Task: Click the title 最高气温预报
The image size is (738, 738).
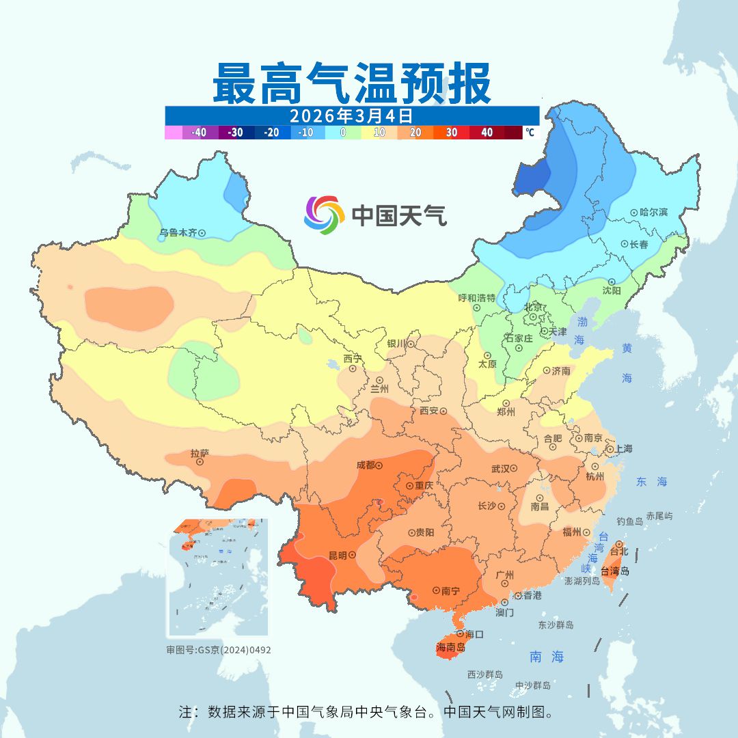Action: tap(351, 83)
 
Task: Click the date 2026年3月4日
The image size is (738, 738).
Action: tap(351, 115)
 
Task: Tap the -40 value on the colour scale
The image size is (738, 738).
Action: tap(199, 133)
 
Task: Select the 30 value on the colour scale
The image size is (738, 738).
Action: tap(452, 133)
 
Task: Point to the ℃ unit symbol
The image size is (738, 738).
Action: tap(530, 133)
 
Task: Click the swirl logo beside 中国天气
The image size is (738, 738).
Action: tap(323, 215)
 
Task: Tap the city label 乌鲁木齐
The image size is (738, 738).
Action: tap(178, 233)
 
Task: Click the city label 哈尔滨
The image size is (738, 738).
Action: tap(653, 213)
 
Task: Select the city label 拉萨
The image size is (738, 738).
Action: tap(200, 453)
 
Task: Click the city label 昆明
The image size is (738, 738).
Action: tap(337, 555)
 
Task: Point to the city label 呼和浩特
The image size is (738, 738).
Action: tap(476, 298)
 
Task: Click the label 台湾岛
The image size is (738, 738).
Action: tap(615, 571)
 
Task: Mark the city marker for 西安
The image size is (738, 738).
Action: tap(443, 411)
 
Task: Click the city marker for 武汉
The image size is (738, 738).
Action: tap(514, 469)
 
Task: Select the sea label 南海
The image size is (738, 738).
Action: tap(547, 657)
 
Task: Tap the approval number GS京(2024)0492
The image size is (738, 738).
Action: tap(234, 650)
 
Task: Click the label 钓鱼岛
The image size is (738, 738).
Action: tap(629, 521)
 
